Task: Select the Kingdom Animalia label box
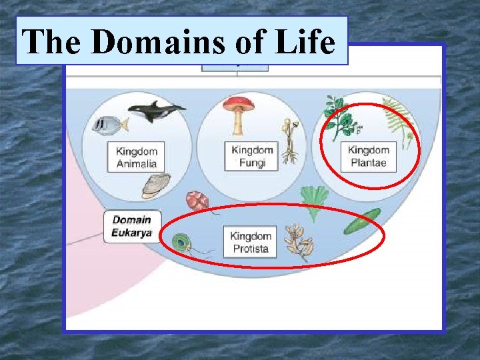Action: pyautogui.click(x=136, y=157)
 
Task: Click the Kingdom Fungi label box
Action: pyautogui.click(x=253, y=156)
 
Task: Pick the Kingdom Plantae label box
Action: pyautogui.click(x=367, y=156)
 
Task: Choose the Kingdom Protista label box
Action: pyautogui.click(x=251, y=243)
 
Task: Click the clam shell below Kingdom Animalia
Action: pyautogui.click(x=156, y=185)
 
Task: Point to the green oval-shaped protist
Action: pyautogui.click(x=362, y=221)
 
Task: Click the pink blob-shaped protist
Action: pyautogui.click(x=199, y=201)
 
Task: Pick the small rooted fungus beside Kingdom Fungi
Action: pyautogui.click(x=289, y=143)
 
